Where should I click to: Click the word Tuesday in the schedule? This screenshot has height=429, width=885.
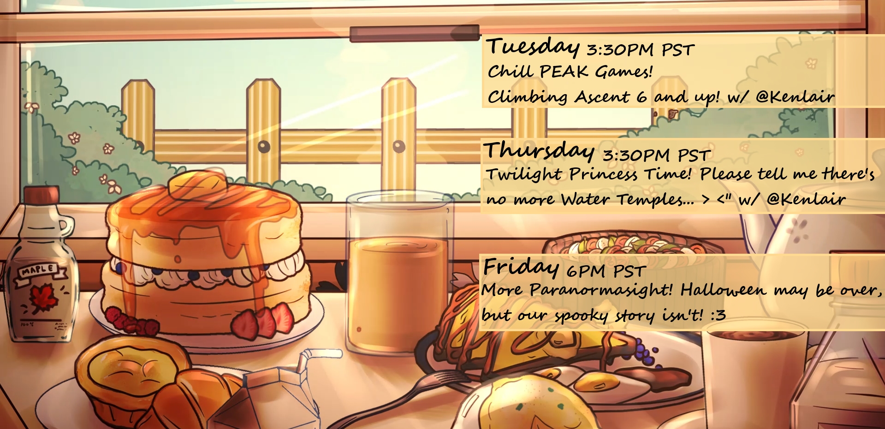pos(533,47)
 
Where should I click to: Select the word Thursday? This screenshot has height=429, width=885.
pos(539,151)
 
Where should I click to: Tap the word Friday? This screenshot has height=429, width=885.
pos(521,267)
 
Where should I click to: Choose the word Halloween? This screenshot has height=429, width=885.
pos(723,290)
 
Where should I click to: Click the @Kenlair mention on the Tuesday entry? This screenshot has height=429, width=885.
pos(795,96)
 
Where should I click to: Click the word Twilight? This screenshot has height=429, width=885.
pos(524,174)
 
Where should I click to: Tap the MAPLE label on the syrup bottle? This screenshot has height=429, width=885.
pos(39,270)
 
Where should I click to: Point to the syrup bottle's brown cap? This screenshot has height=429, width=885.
pos(42,195)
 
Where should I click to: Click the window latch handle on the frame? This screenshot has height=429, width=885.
pos(415,34)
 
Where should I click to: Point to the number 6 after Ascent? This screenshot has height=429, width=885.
pos(641,97)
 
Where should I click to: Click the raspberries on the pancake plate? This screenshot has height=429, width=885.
pos(132,322)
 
